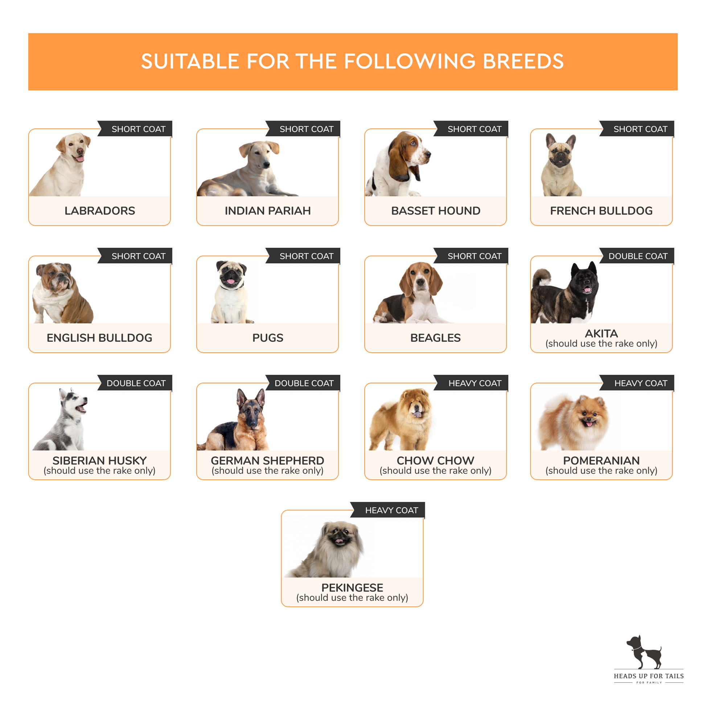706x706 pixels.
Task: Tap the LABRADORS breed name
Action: click(100, 211)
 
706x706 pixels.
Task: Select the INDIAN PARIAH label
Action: click(267, 211)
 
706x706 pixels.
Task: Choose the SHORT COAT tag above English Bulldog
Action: click(135, 256)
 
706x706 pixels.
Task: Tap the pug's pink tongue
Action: click(231, 282)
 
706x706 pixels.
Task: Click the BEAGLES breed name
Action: click(435, 338)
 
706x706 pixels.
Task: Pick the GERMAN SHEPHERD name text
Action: click(267, 460)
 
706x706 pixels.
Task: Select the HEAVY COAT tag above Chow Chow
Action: click(471, 383)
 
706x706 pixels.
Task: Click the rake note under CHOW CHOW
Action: click(435, 471)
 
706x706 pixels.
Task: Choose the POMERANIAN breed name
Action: click(601, 460)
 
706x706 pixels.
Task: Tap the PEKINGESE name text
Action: click(352, 588)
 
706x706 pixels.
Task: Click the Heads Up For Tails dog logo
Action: click(644, 652)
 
